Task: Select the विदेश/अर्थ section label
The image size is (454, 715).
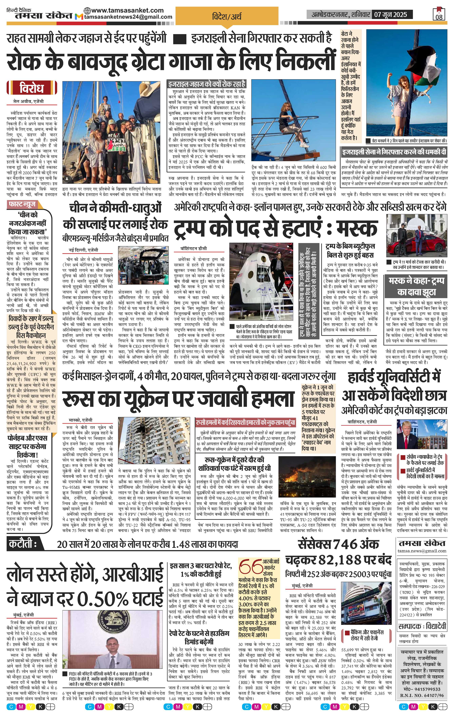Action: [227, 16]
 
